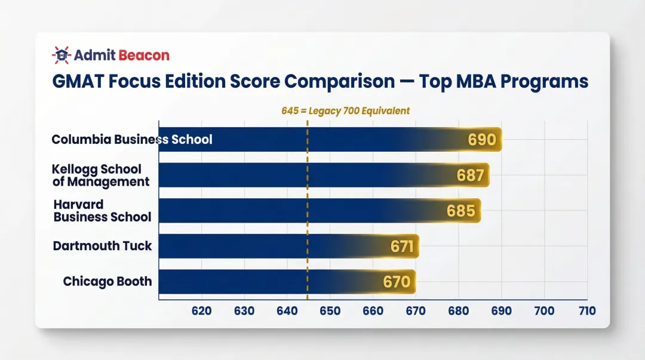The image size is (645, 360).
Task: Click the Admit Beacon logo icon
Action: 61,56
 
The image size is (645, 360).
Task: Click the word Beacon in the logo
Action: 144,56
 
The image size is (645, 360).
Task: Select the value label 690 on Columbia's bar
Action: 482,140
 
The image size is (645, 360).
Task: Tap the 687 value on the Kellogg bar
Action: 471,176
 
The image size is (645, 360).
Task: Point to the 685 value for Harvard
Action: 461,211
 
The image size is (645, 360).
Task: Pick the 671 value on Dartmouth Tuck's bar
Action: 402,246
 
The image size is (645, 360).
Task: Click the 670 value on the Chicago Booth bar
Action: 397,282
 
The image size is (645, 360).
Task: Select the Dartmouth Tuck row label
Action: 102,246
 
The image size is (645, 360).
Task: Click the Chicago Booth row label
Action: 107,281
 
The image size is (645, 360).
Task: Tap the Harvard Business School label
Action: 102,211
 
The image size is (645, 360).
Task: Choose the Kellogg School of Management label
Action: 100,176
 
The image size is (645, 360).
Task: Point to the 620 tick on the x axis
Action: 201,311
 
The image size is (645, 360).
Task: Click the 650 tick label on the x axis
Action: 330,311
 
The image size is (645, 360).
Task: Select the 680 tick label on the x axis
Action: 458,311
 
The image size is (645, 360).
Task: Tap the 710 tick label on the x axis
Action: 586,311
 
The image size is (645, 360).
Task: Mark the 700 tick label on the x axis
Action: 544,311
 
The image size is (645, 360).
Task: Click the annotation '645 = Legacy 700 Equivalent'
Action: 345,111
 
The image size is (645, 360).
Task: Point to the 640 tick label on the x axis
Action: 287,311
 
